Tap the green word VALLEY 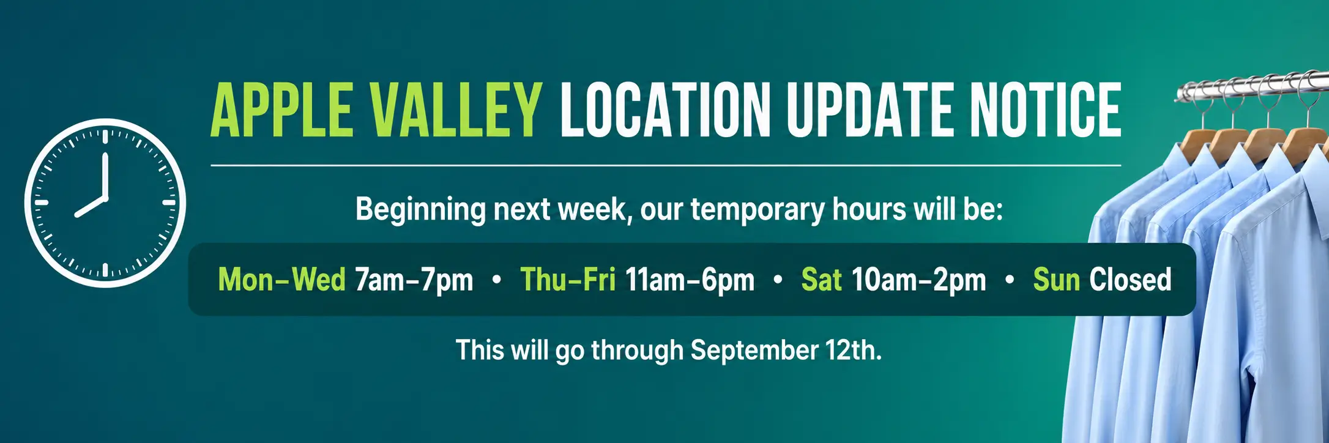(x=456, y=110)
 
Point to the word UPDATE (x=870, y=110)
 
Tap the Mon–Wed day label (x=282, y=280)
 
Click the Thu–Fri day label (x=568, y=280)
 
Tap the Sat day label (x=822, y=280)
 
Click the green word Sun (x=1057, y=280)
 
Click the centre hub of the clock (x=105, y=199)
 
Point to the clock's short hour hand (x=91, y=207)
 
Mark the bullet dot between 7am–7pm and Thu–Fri (x=497, y=280)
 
